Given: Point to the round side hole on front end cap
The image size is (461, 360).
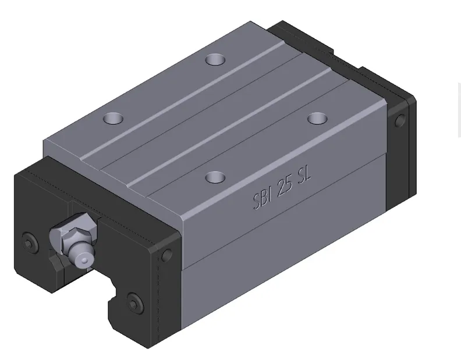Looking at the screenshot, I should click(x=167, y=255).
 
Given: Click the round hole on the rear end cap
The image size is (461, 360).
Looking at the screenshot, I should click(x=400, y=121).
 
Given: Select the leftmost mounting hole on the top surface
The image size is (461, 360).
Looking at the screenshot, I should click(x=113, y=119).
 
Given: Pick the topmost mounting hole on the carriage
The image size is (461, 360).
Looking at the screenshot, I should click(x=215, y=59).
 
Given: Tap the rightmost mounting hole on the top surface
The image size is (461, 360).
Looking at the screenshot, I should click(x=317, y=119).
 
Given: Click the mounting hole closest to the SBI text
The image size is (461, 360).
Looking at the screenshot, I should click(x=215, y=176).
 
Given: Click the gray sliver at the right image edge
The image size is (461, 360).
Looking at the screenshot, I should click(x=459, y=111).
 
